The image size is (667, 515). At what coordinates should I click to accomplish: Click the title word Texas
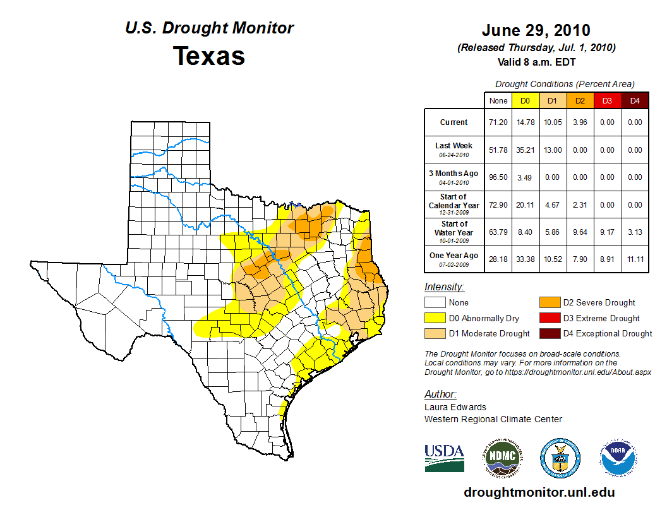coord(209,56)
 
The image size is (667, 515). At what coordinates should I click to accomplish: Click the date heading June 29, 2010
coord(536,30)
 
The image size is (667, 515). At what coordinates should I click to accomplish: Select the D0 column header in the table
coord(525,101)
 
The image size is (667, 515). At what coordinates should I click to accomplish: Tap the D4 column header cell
coord(635,101)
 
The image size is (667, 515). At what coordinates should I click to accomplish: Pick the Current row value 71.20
coord(498,122)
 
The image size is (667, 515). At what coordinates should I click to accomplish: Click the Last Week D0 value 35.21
coord(525,150)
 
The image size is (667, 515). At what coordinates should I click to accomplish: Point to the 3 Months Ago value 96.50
coord(498,177)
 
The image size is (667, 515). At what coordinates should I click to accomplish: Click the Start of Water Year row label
coord(454,228)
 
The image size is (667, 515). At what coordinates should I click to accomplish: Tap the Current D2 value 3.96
coord(580,122)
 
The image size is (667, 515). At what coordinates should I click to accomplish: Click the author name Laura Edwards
coord(455,407)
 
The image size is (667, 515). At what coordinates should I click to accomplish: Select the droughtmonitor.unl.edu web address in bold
coord(539,492)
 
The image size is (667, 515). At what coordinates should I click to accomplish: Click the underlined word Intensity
coord(444,287)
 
